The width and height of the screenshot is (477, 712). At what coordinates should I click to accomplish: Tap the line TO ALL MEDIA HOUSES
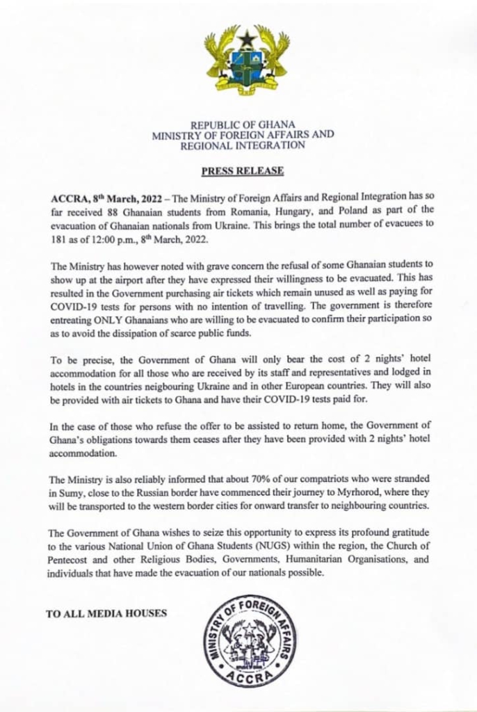click(106, 614)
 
